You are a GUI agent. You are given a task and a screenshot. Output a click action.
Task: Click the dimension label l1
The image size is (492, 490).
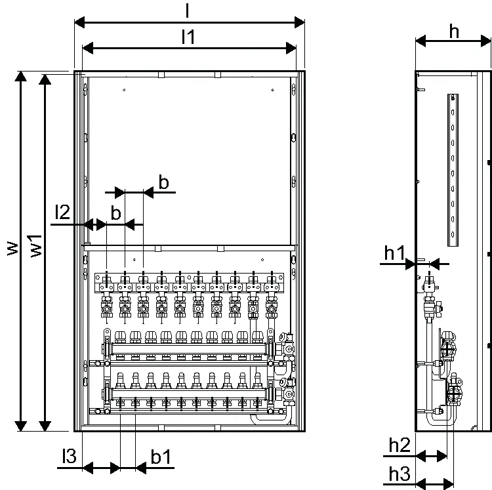(188, 37)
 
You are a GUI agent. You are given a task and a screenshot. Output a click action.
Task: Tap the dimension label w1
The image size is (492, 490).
(36, 246)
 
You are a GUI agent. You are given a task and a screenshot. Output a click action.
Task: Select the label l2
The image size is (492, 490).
(62, 212)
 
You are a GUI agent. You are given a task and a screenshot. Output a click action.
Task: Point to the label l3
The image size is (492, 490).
(69, 456)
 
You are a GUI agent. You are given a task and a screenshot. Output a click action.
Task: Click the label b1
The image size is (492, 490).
(161, 457)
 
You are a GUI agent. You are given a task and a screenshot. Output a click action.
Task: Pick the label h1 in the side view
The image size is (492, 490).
(395, 253)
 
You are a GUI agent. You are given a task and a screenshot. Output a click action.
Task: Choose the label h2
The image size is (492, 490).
(400, 445)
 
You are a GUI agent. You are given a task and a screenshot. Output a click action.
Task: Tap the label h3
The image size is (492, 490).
(400, 474)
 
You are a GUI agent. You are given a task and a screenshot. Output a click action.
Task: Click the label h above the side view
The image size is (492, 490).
(454, 31)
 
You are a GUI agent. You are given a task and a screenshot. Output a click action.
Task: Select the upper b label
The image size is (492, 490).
(164, 182)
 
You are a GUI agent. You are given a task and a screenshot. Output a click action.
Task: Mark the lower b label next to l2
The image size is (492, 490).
(116, 213)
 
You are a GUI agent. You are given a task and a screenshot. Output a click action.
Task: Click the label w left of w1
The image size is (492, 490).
(12, 249)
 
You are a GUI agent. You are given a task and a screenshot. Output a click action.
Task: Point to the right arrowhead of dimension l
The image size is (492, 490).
(300, 22)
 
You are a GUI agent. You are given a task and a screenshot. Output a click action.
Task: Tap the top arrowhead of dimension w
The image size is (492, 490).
(21, 76)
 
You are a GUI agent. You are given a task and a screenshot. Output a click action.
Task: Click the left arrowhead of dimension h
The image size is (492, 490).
(420, 41)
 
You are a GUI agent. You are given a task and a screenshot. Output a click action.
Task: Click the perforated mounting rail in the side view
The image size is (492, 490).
(453, 170)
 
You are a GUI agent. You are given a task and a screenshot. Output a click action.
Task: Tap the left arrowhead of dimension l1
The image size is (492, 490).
(87, 49)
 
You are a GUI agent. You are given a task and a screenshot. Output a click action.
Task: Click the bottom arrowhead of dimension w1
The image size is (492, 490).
(45, 426)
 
